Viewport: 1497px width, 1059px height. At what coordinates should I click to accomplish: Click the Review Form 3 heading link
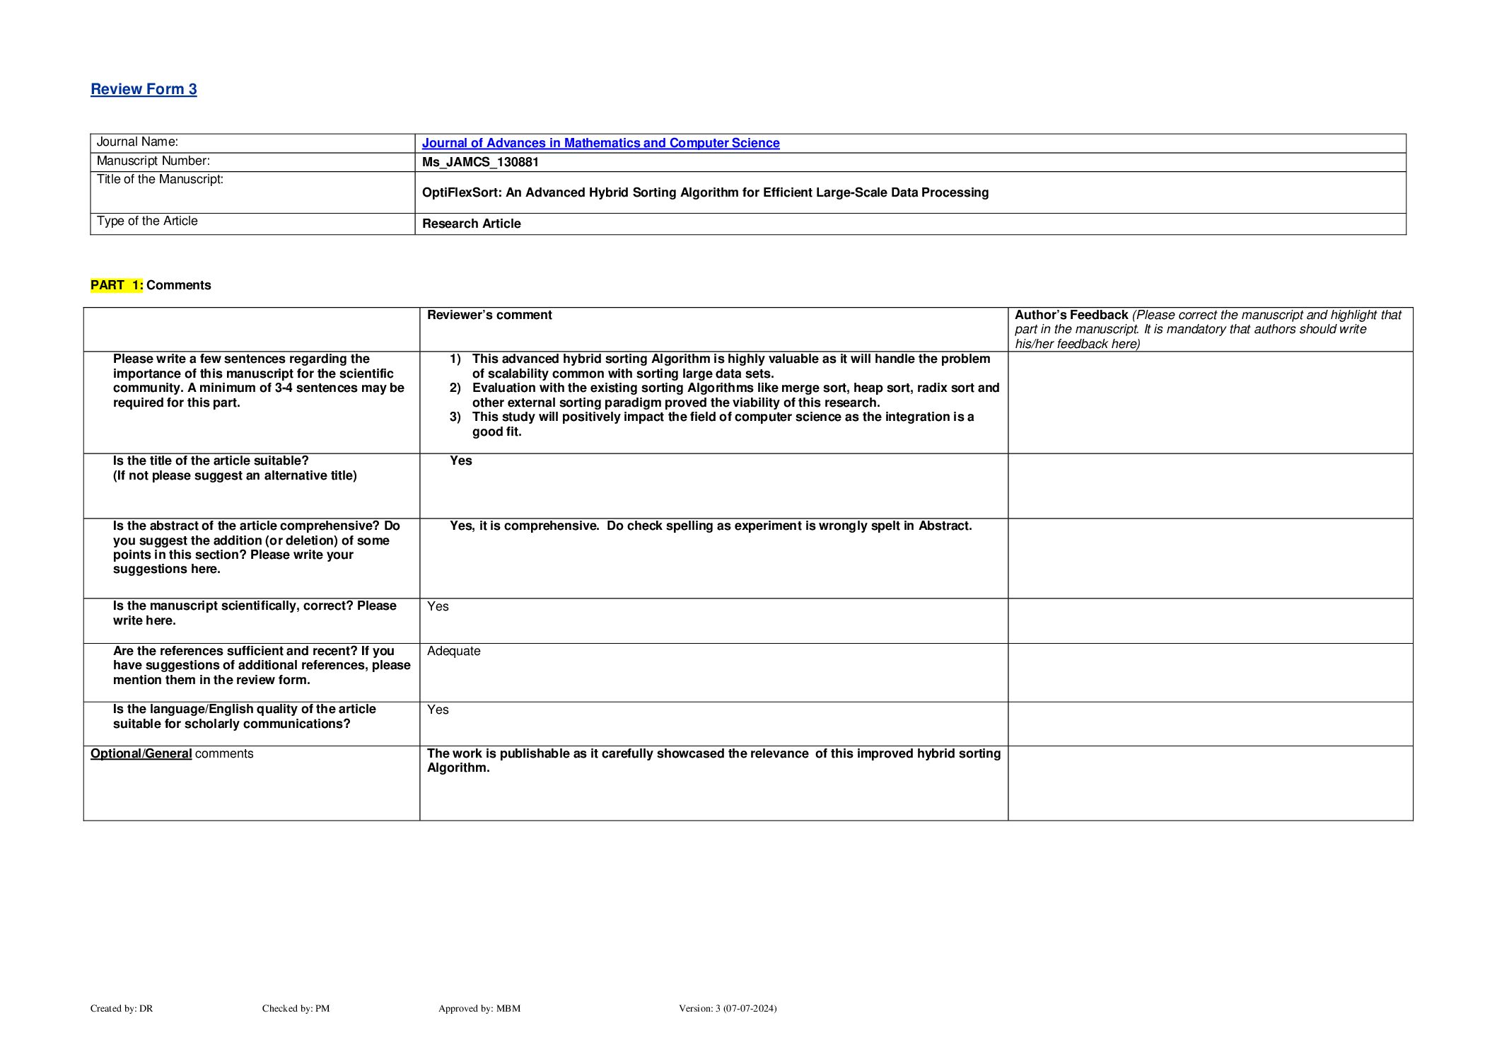[x=144, y=89]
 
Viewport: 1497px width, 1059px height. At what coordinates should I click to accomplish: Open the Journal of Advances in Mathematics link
[x=600, y=143]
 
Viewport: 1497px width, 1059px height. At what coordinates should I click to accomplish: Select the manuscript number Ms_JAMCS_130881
[x=480, y=162]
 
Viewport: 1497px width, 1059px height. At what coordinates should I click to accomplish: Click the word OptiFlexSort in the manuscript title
[x=460, y=192]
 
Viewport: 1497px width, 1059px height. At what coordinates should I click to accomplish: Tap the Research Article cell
[x=471, y=224]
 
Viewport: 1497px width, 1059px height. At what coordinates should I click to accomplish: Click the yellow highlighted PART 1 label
[x=117, y=285]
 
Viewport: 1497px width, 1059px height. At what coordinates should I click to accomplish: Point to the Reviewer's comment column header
[x=489, y=315]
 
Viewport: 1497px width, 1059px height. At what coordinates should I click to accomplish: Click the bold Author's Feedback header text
[x=1071, y=315]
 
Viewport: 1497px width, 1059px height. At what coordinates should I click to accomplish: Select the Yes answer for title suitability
[x=461, y=461]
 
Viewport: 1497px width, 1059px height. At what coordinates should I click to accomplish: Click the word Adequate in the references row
[x=453, y=651]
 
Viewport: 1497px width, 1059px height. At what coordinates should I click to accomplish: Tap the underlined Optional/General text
[x=141, y=753]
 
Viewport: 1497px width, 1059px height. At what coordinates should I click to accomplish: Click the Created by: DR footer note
[x=122, y=1008]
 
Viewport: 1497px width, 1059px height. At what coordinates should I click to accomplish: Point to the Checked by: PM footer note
[x=296, y=1008]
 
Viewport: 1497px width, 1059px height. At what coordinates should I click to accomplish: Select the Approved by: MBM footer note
[x=479, y=1008]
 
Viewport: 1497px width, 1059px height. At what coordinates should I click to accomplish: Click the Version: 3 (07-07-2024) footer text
[x=727, y=1008]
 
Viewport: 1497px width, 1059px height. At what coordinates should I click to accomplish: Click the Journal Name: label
[x=137, y=141]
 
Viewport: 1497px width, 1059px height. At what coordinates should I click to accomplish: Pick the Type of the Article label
[x=147, y=221]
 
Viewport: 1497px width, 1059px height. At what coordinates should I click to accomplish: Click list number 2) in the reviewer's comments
[x=455, y=388]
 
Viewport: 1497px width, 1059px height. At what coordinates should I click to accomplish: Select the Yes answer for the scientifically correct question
[x=438, y=606]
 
